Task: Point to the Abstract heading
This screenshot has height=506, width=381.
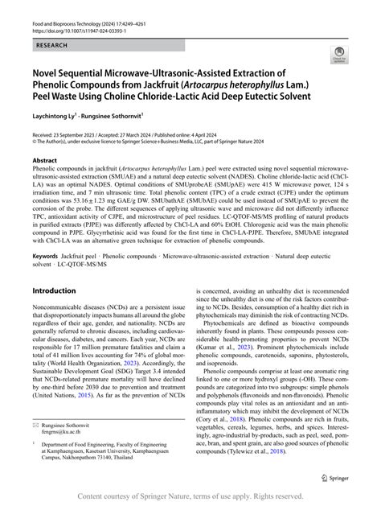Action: pos(43,160)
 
